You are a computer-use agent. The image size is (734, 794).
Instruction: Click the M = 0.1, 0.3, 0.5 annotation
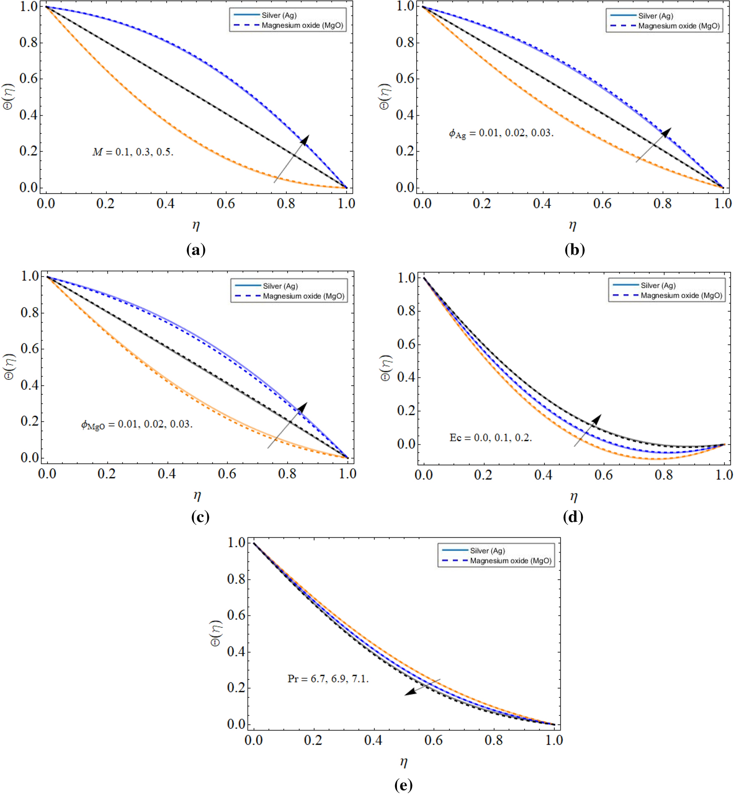pyautogui.click(x=132, y=152)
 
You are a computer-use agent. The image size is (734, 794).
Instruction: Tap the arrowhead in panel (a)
pyautogui.click(x=305, y=139)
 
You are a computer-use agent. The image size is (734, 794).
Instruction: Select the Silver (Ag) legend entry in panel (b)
pyautogui.click(x=655, y=16)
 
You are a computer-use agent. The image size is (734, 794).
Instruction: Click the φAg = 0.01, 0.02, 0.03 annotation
pyautogui.click(x=501, y=133)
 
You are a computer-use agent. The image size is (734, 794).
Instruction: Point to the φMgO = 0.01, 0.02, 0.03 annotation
pyautogui.click(x=137, y=424)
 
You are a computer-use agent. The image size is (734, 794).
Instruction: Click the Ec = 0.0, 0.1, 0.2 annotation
pyautogui.click(x=490, y=438)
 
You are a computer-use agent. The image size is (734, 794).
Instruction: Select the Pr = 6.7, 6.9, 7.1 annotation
pyautogui.click(x=328, y=679)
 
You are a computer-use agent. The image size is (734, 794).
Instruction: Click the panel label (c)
pyautogui.click(x=200, y=517)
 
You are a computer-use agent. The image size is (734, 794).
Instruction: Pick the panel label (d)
pyautogui.click(x=573, y=517)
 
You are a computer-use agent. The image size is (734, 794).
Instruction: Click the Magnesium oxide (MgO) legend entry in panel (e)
pyautogui.click(x=511, y=561)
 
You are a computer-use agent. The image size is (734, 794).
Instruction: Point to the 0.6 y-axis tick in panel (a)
pyautogui.click(x=29, y=79)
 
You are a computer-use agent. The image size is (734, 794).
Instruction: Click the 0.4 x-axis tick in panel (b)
pyautogui.click(x=542, y=204)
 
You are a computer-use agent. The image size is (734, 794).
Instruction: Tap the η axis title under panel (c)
pyautogui.click(x=197, y=495)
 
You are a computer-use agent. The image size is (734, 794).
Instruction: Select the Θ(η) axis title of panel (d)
pyautogui.click(x=385, y=368)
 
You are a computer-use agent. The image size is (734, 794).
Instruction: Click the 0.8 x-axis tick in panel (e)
pyautogui.click(x=494, y=740)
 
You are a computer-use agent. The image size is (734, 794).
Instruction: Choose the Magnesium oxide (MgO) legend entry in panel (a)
pyautogui.click(x=302, y=26)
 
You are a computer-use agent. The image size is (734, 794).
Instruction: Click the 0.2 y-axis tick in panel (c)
pyautogui.click(x=30, y=421)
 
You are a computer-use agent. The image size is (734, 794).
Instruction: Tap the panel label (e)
pyautogui.click(x=403, y=784)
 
